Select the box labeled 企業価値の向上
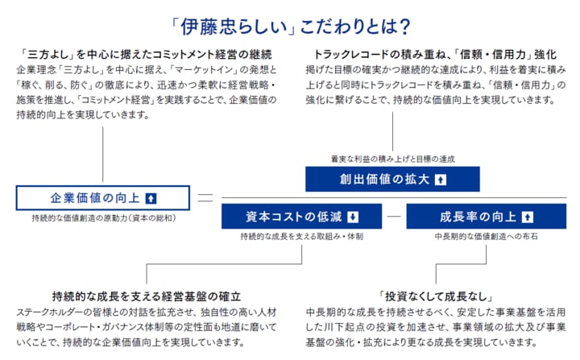coord(103,198)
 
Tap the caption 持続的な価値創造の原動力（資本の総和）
coord(104,218)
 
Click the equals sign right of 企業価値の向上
coord(205,198)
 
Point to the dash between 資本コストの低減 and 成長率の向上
coord(393,217)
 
